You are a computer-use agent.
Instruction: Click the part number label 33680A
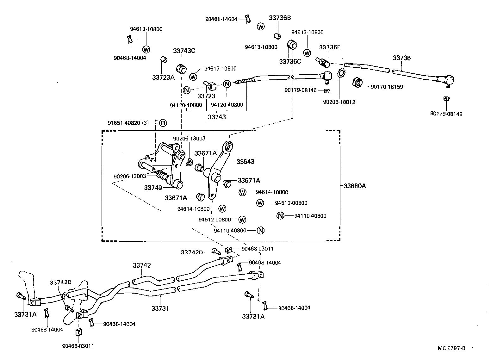point(355,186)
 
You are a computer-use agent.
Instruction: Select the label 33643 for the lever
point(245,162)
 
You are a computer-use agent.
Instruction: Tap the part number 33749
point(153,188)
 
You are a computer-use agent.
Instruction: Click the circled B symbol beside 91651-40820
point(163,123)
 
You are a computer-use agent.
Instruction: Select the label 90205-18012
point(339,102)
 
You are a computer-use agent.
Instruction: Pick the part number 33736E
point(329,47)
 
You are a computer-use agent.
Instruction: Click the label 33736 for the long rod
point(402,58)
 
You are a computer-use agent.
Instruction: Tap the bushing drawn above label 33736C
point(292,45)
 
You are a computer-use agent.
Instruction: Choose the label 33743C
point(184,51)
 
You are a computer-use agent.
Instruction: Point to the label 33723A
point(163,77)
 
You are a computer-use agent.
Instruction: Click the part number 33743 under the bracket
point(217,117)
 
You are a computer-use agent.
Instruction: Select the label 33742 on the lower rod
point(142,265)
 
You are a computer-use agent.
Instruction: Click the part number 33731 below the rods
point(160,308)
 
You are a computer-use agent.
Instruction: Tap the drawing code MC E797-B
point(451,348)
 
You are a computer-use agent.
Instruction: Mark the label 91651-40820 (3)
point(128,123)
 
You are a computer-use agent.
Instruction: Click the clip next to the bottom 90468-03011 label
point(78,332)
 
